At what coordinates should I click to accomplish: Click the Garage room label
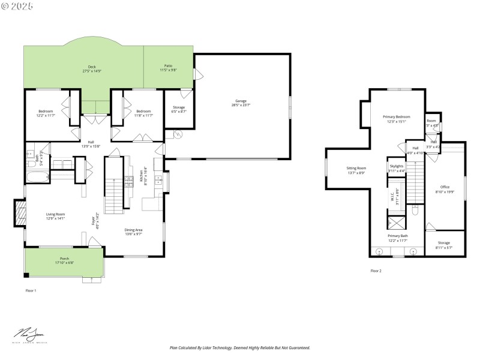[241, 101]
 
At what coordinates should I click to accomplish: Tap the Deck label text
[92, 67]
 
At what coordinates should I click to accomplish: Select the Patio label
[168, 66]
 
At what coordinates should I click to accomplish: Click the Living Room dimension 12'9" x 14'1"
[55, 218]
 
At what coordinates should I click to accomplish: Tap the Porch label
[64, 259]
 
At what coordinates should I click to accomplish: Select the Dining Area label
[133, 230]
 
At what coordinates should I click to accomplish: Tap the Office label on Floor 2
[445, 187]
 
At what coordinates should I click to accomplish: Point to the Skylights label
[397, 166]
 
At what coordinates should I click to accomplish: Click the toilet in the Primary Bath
[415, 210]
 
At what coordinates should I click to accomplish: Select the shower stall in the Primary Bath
[397, 223]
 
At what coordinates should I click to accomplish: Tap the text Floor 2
[376, 271]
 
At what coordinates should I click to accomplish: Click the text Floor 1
[31, 290]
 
